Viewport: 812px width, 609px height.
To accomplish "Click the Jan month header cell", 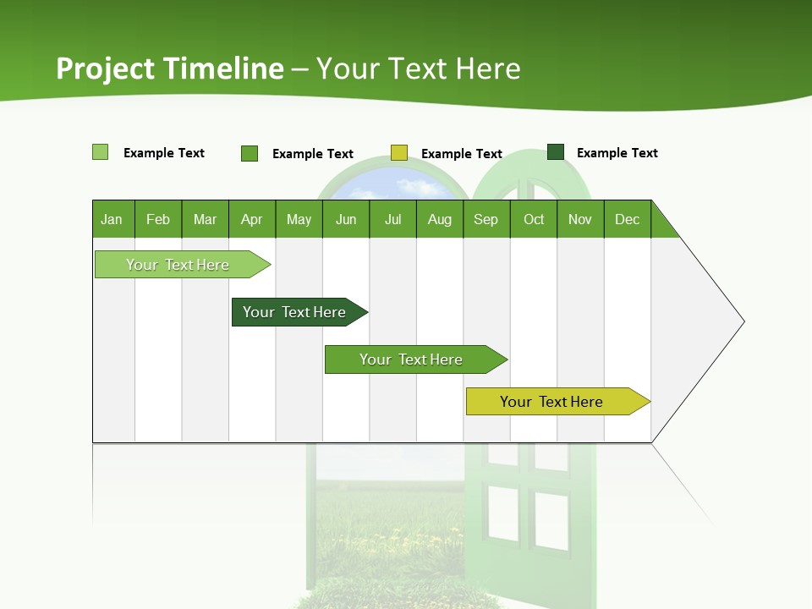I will [112, 219].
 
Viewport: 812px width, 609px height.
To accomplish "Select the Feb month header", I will [158, 219].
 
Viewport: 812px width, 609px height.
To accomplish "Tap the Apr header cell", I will [252, 219].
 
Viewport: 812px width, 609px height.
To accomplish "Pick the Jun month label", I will [346, 219].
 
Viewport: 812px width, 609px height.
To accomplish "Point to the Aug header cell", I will [440, 219].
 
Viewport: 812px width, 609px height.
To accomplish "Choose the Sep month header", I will [486, 219].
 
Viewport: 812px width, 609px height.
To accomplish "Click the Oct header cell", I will [534, 219].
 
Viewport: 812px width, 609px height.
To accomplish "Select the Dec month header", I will [628, 219].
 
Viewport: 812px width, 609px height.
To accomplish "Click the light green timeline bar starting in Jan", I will [178, 265].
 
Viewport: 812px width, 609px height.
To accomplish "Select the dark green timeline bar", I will [295, 312].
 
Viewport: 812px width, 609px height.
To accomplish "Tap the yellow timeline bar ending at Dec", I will [552, 402].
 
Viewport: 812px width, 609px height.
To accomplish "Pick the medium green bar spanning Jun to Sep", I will [411, 359].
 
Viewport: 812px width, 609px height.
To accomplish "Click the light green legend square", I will [101, 152].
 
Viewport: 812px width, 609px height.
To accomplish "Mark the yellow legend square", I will [399, 153].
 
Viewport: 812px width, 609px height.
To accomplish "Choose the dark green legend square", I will [556, 152].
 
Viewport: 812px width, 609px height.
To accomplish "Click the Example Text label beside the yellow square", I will [462, 154].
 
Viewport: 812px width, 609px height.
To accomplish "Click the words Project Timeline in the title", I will [170, 69].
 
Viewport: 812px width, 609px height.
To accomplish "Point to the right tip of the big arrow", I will [743, 321].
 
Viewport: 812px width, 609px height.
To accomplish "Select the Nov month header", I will [580, 219].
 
